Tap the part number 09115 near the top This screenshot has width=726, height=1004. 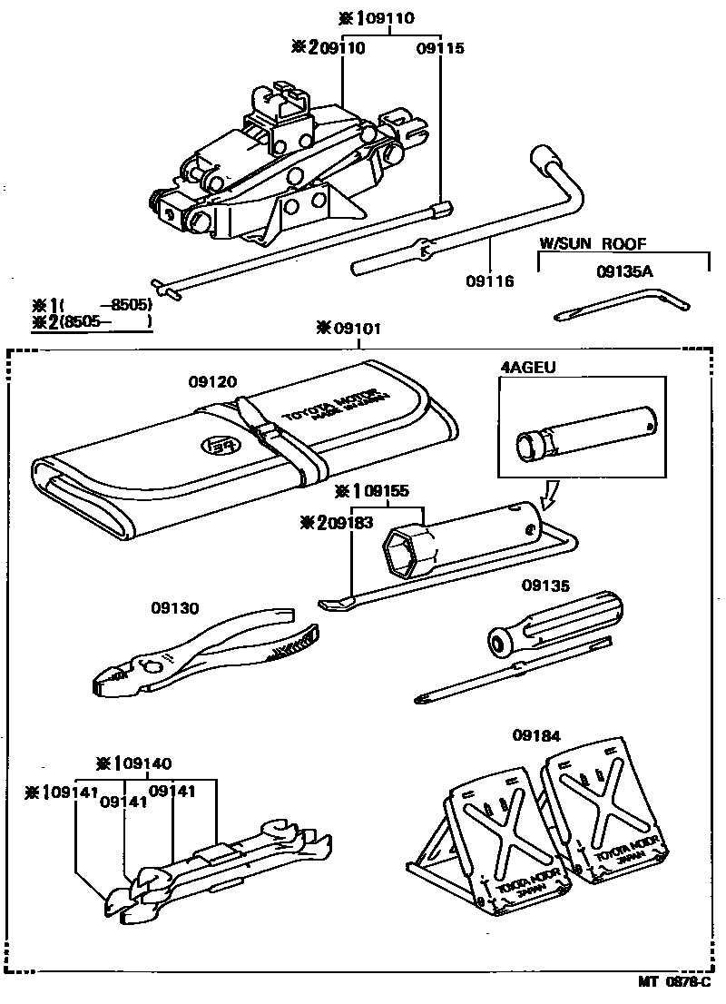click(440, 48)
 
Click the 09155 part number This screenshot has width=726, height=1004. click(386, 491)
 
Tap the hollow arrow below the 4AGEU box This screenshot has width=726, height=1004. click(549, 494)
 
